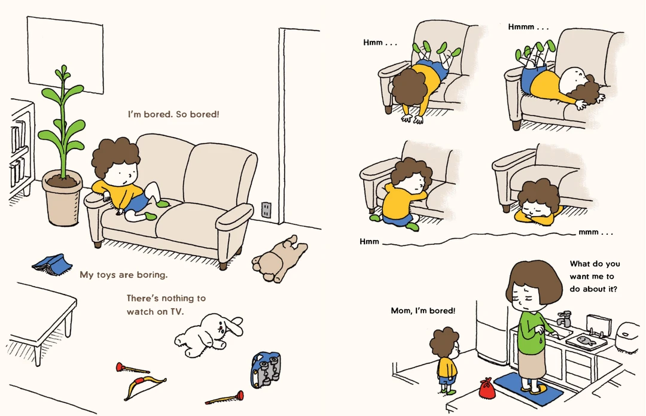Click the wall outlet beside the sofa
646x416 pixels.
[x=266, y=210]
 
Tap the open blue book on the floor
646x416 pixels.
[x=52, y=264]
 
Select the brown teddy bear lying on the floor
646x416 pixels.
[x=280, y=259]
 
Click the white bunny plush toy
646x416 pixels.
[x=208, y=335]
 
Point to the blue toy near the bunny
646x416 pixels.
[x=266, y=369]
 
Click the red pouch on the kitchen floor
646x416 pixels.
[x=487, y=388]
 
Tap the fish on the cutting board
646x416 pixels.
[x=586, y=340]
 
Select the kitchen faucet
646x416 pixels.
[x=563, y=318]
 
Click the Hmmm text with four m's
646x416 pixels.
[x=528, y=27]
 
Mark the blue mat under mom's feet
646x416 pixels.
[x=529, y=389]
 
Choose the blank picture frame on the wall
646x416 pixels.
[x=65, y=55]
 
